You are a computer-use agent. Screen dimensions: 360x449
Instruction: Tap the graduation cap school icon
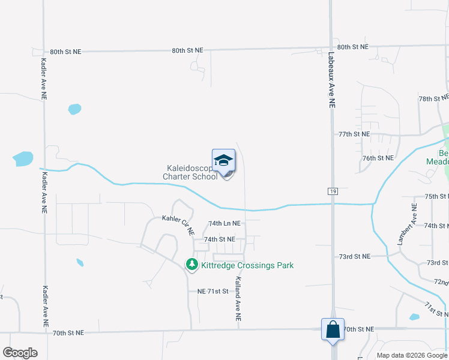click(223, 161)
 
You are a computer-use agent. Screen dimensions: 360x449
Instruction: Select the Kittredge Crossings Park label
click(247, 265)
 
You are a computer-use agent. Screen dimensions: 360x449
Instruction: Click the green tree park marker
click(191, 264)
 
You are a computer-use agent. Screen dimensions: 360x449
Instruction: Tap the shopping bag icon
click(333, 329)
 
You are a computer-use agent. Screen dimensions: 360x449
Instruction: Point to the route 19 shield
click(332, 191)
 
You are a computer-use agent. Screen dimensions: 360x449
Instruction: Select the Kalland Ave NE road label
click(238, 298)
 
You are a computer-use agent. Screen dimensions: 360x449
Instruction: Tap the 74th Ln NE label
click(224, 223)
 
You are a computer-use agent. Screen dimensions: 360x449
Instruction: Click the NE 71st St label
click(213, 291)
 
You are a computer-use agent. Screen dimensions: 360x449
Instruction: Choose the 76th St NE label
click(378, 158)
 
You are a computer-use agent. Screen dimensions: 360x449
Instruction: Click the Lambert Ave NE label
click(407, 223)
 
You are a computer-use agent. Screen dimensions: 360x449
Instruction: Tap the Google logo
click(20, 353)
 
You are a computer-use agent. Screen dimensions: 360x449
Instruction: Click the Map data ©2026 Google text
click(412, 355)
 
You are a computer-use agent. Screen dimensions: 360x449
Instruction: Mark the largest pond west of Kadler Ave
click(23, 159)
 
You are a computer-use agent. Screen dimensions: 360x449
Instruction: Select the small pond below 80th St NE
click(74, 109)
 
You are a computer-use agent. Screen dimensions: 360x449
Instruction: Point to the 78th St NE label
click(433, 98)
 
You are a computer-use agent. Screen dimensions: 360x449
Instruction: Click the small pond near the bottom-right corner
click(414, 317)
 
